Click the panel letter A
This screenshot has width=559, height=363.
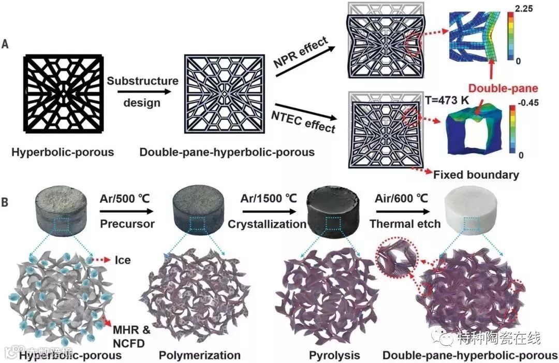pos(5,45)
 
